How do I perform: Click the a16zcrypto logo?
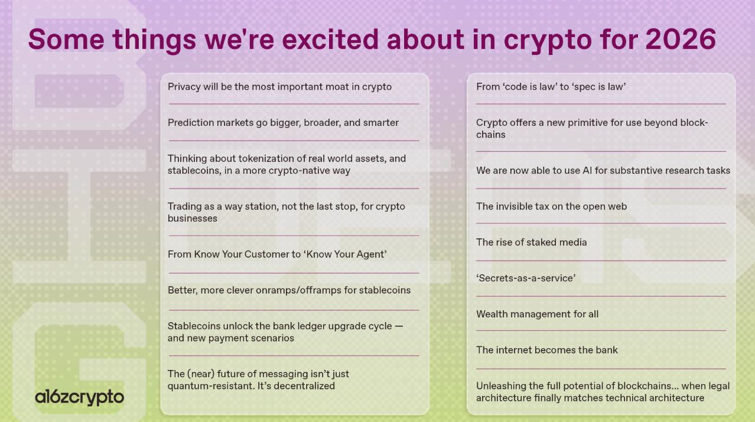[x=80, y=397]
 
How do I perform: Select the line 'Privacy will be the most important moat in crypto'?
[x=279, y=87]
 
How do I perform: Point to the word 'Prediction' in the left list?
[x=191, y=122]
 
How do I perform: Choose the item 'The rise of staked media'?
[x=532, y=242]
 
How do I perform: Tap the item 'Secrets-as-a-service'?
[x=526, y=278]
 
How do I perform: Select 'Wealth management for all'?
[x=537, y=314]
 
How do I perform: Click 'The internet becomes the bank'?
[x=547, y=350]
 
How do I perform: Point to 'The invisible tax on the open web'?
[x=551, y=206]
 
